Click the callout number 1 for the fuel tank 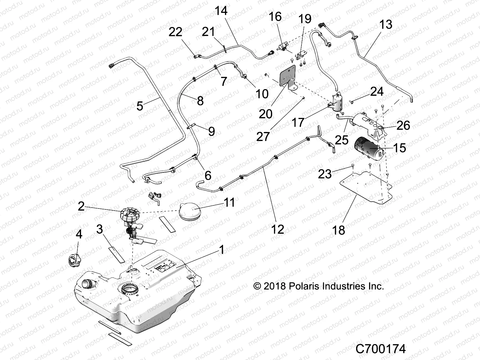pyautogui.click(x=222, y=250)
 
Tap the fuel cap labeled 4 pyautogui.click(x=74, y=259)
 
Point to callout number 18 pyautogui.click(x=338, y=230)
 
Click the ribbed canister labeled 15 pyautogui.click(x=368, y=150)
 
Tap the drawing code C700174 pyautogui.click(x=380, y=349)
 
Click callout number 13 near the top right pyautogui.click(x=385, y=24)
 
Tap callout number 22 pyautogui.click(x=175, y=32)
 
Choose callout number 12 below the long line pyautogui.click(x=277, y=229)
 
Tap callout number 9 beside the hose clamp pyautogui.click(x=211, y=131)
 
